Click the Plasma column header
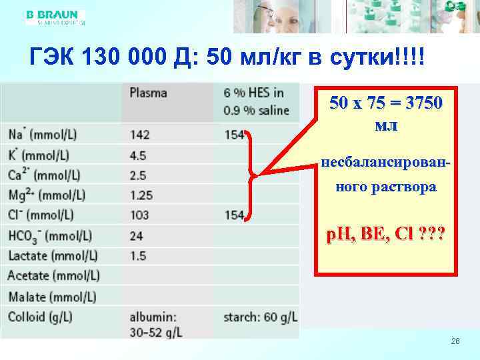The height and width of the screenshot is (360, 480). pos(148,93)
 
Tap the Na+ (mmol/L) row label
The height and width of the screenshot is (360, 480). pos(43,135)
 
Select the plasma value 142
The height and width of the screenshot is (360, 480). pos(140,135)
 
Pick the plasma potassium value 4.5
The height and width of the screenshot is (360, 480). pos(138,155)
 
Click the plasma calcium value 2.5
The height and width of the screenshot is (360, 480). pos(138,175)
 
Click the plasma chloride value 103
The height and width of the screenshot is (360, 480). pos(140,215)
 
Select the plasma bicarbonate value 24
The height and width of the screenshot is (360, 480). pos(137,236)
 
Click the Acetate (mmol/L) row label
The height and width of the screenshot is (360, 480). pos(53,276)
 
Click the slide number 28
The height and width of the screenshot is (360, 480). pos(455,341)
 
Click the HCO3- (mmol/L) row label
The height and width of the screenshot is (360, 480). pos(50,236)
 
